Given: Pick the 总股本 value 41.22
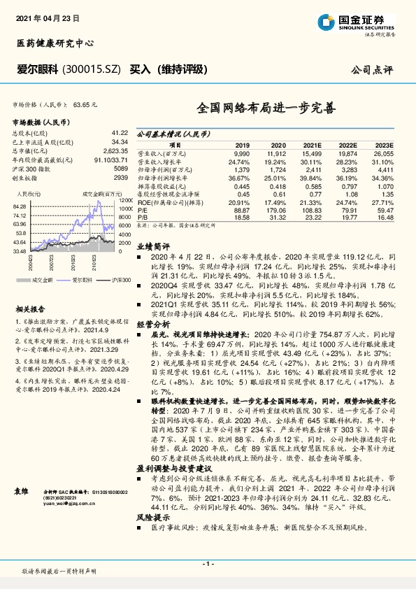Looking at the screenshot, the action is tap(120, 132).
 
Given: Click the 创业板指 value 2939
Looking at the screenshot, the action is tap(121, 178).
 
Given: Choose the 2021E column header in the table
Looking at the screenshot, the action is tap(311, 145).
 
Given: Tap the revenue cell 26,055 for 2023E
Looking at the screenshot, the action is tap(384, 152).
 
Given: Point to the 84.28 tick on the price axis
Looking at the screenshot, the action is tap(20, 207).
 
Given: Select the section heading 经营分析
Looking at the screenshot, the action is tap(152, 325).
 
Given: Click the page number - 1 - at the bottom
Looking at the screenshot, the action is tap(208, 563).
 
